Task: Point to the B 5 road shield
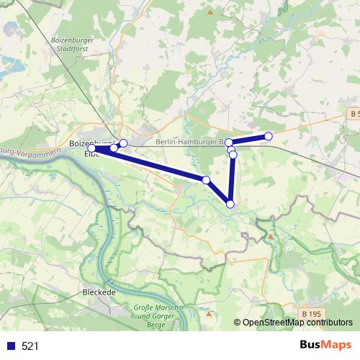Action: click(352, 114)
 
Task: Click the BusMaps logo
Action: click(325, 345)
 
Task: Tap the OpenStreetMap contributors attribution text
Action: click(297, 323)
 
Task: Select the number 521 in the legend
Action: click(30, 346)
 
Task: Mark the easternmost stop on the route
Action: click(269, 136)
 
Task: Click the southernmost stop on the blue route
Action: click(230, 204)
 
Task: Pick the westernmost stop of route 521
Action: click(91, 148)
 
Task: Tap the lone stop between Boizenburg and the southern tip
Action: click(206, 180)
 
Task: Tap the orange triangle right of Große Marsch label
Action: click(207, 313)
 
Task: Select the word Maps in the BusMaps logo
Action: click(336, 345)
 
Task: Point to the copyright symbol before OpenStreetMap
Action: click(237, 323)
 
